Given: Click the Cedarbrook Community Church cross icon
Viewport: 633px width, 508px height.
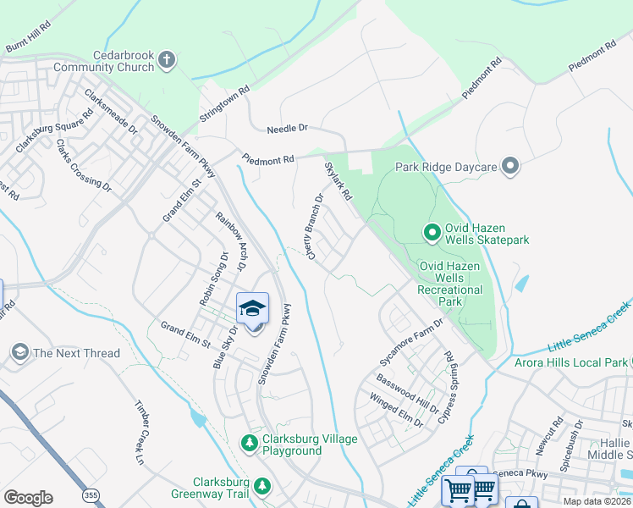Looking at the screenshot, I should click(x=167, y=59).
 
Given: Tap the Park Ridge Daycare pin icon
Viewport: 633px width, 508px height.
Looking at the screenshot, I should click(x=509, y=167).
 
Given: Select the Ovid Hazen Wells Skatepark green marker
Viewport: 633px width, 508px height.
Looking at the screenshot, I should click(x=431, y=230).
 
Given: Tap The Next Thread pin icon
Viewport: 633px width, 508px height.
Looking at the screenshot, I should click(x=19, y=352).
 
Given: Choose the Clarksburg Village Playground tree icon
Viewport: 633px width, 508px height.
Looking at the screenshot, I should click(x=249, y=443).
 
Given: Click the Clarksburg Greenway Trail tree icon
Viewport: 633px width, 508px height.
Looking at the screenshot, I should click(x=262, y=485).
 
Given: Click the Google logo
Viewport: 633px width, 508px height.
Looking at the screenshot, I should click(x=28, y=498).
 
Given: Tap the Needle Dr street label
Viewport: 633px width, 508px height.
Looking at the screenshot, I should click(x=287, y=129).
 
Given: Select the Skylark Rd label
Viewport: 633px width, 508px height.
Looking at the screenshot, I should click(x=338, y=181).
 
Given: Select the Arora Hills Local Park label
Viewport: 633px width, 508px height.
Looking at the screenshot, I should click(x=571, y=363).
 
